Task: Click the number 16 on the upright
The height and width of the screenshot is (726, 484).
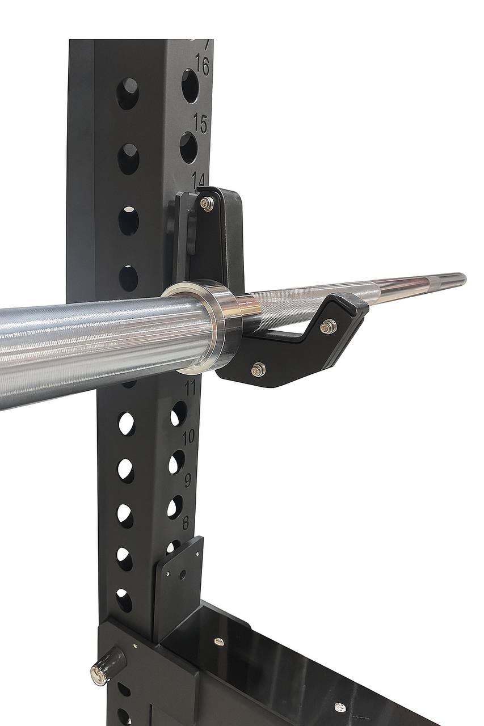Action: [x=201, y=66]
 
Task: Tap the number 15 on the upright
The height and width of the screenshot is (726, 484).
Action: [x=199, y=123]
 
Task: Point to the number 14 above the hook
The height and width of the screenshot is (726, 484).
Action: [x=198, y=179]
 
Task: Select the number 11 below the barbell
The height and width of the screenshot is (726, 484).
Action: [x=190, y=389]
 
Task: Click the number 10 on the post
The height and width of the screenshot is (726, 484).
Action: [x=188, y=436]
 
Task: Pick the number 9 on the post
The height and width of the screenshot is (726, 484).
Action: [x=187, y=480]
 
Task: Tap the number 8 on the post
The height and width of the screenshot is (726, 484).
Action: [x=185, y=522]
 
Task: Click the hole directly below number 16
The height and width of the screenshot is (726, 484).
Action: [x=190, y=86]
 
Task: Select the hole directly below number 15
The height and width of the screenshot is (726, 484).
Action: [x=188, y=147]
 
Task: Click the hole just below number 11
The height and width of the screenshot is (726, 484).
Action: [x=179, y=414]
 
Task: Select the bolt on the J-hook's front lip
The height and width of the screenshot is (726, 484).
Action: [x=328, y=326]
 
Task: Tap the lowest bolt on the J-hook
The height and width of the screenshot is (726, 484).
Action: [x=258, y=370]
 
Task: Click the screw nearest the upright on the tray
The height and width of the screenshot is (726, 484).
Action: [x=218, y=641]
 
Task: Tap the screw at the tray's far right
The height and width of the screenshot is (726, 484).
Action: [x=339, y=707]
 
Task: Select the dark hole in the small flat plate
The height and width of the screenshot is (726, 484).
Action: [x=182, y=574]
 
